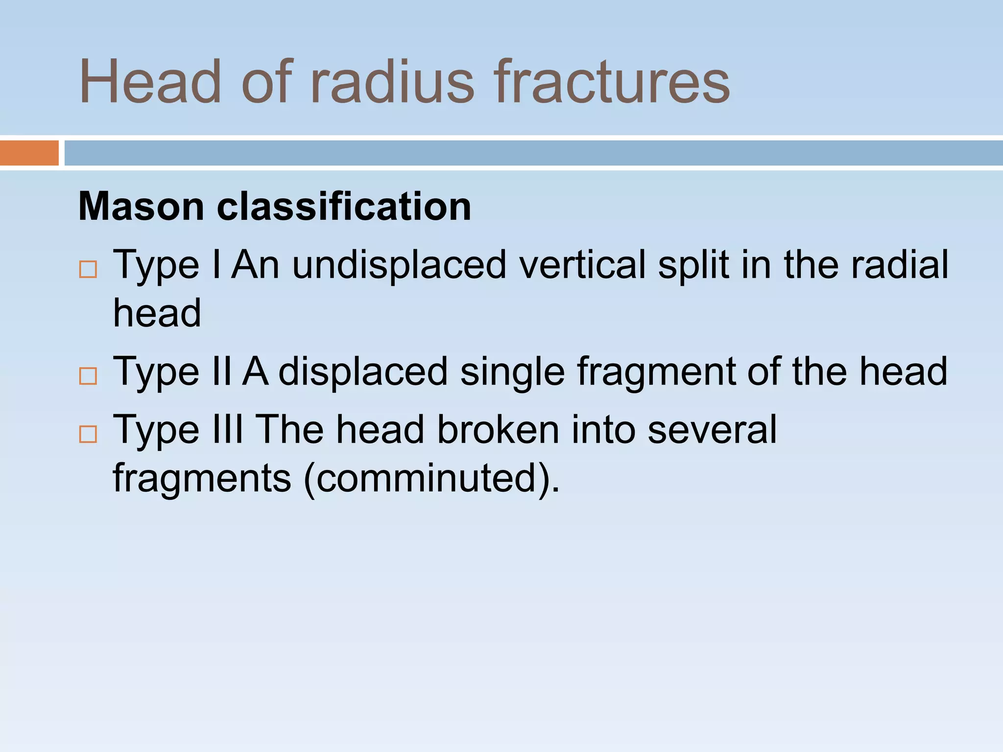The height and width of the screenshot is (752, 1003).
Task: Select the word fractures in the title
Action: pos(612,82)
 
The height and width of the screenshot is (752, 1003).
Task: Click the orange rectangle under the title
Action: pos(29,153)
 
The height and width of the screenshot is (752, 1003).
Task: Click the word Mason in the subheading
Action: pos(141,207)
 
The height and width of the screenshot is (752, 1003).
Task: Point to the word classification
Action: pos(344,207)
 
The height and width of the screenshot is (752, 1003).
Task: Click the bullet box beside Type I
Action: pos(88,269)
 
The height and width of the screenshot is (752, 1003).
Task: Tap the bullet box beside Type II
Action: pos(88,376)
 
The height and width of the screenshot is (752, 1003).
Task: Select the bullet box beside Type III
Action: pos(88,434)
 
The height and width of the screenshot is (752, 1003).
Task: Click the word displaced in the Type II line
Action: pos(363,372)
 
